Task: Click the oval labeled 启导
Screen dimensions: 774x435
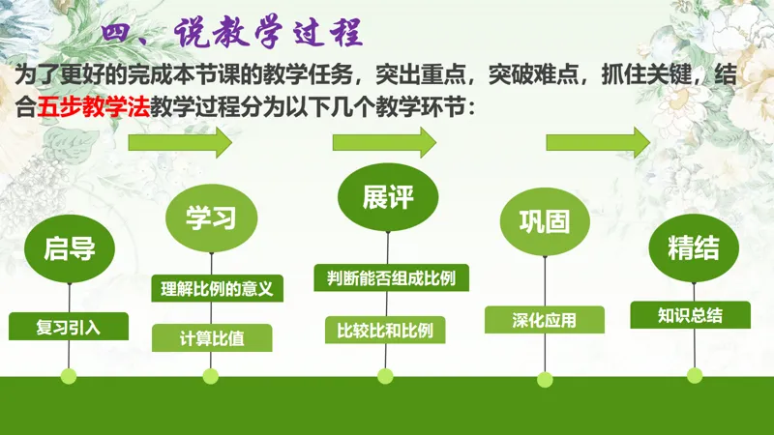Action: coord(70,248)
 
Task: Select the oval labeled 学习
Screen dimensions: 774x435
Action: coord(211,218)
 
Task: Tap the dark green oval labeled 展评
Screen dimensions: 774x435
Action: coord(388,197)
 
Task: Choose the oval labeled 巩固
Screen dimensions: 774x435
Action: coord(545,221)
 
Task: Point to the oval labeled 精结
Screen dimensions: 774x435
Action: coord(694,248)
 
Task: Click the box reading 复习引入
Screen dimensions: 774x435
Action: coord(69,327)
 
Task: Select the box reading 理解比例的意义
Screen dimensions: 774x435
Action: coord(217,288)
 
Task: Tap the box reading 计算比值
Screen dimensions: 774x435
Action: coord(212,337)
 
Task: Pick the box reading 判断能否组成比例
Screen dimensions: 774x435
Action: coord(392,278)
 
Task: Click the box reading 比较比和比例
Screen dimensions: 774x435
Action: coord(385,330)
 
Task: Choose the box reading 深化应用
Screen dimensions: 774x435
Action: coord(545,320)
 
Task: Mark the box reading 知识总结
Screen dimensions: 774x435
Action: coord(690,315)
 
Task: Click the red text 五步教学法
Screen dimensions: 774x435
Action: coord(93,106)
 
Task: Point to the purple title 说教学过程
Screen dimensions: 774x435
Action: coord(269,33)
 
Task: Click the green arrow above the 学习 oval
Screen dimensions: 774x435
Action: coord(180,142)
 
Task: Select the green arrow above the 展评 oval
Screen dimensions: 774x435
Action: coord(384,142)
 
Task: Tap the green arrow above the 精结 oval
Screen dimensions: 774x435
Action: coord(598,142)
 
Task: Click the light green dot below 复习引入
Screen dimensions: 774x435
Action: coord(69,376)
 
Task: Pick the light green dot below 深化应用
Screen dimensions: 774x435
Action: coord(545,379)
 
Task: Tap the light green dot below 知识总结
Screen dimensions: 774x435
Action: coord(695,375)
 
